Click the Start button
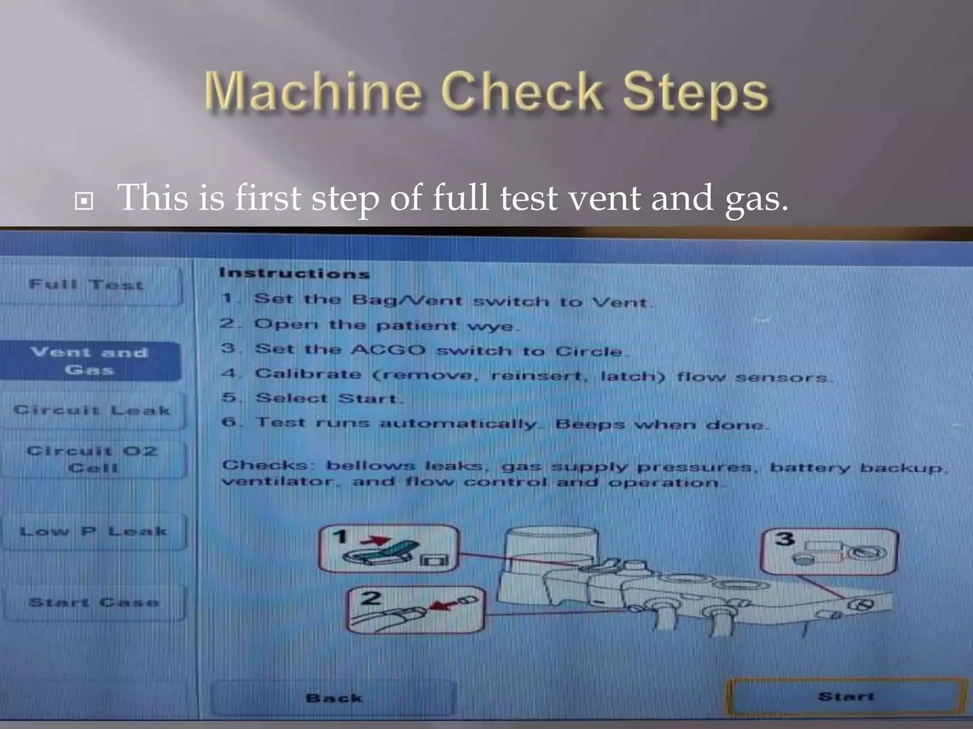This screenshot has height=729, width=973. [x=846, y=696]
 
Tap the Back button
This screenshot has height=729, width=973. [x=334, y=698]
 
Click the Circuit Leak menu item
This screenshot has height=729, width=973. [x=92, y=410]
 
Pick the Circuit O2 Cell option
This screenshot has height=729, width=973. [x=92, y=459]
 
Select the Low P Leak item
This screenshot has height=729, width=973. [x=93, y=531]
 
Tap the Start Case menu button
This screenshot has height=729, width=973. [x=94, y=602]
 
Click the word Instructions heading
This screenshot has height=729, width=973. [x=294, y=273]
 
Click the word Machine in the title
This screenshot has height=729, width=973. [x=314, y=92]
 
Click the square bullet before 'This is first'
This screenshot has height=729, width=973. [x=84, y=201]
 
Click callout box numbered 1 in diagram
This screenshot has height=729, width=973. [x=389, y=549]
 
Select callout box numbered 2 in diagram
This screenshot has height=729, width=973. [x=417, y=609]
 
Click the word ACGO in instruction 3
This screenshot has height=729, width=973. [x=389, y=350]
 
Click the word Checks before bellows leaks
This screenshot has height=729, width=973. [x=265, y=465]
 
